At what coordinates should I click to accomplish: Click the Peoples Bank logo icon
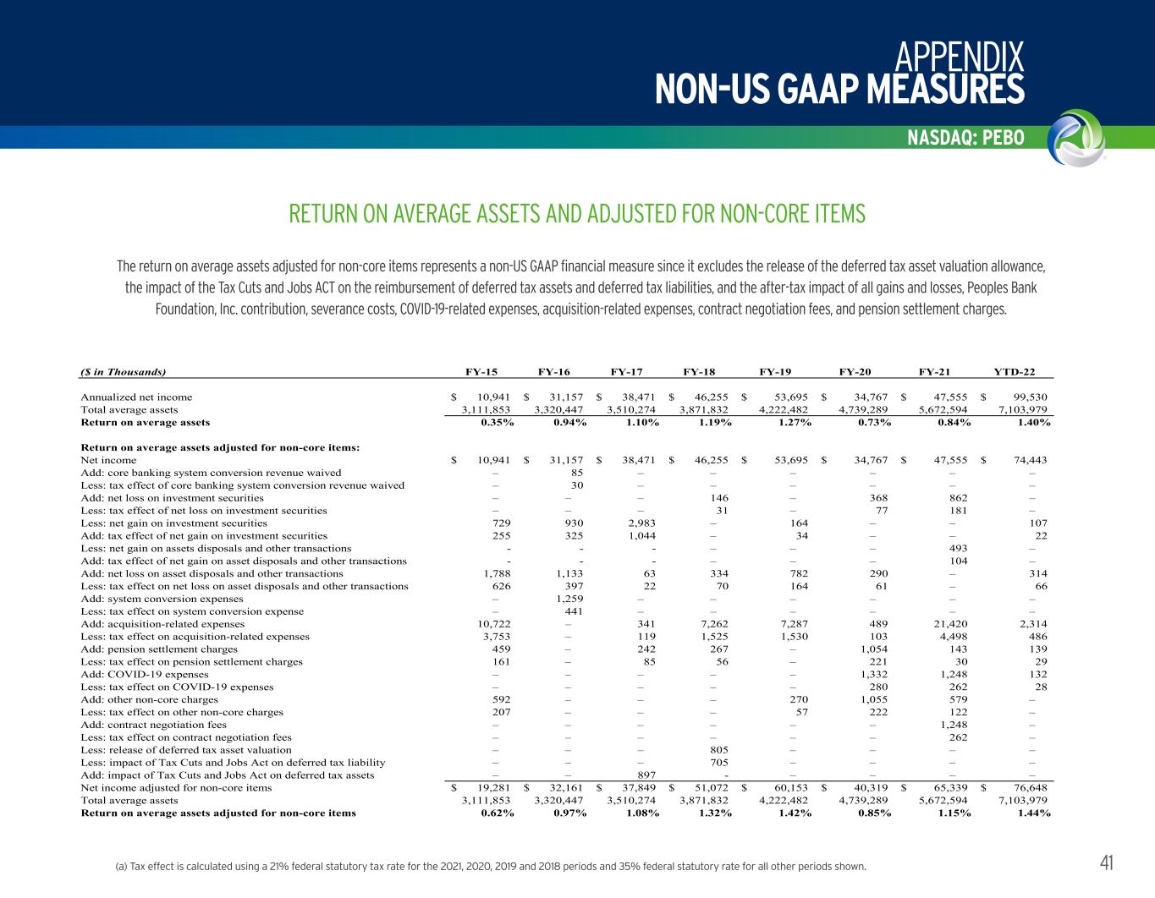tap(1075, 136)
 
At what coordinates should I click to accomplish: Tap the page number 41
tap(1106, 862)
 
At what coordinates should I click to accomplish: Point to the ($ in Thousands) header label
tap(124, 371)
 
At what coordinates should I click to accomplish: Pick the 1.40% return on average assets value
tap(1033, 422)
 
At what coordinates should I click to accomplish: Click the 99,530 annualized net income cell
tap(1028, 397)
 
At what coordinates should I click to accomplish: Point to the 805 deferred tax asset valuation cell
tap(718, 750)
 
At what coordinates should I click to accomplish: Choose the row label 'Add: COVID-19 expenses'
tap(144, 675)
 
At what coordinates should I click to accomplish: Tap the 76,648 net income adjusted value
tap(1028, 788)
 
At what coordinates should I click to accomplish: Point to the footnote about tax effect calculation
tap(491, 867)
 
